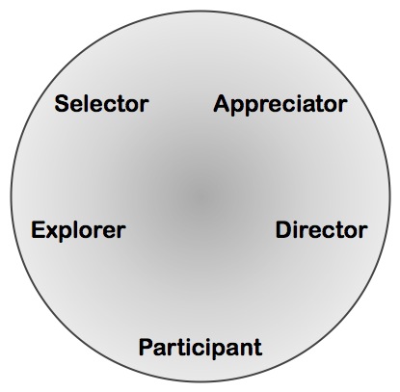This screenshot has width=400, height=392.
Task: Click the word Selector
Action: [101, 103]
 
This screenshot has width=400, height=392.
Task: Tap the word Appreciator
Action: [280, 105]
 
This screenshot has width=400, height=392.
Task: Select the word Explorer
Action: [78, 230]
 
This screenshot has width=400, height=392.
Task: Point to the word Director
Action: [322, 230]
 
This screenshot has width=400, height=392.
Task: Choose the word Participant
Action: [200, 348]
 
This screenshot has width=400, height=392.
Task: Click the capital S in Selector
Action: [62, 104]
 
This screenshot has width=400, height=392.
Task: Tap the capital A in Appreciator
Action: [222, 103]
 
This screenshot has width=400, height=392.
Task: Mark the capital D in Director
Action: [283, 230]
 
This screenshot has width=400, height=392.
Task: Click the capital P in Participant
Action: [146, 347]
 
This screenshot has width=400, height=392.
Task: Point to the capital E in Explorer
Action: [38, 230]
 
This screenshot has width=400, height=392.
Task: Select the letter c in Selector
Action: [108, 105]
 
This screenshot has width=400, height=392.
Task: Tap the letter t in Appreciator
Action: [323, 104]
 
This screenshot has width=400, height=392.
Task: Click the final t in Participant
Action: [258, 348]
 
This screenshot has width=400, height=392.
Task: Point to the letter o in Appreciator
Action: [334, 106]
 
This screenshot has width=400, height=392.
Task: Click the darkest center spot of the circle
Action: [200, 196]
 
